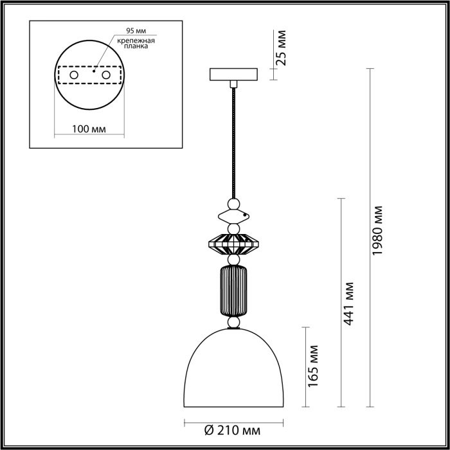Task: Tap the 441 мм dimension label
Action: [349, 303]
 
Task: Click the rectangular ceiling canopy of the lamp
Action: [233, 75]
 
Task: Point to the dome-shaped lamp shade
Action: [233, 373]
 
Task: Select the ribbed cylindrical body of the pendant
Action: [233, 291]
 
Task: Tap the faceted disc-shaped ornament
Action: [233, 244]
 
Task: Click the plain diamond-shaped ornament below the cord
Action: [233, 214]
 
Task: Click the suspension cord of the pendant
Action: [233, 141]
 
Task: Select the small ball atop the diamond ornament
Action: [233, 203]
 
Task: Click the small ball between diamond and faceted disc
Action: [233, 228]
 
